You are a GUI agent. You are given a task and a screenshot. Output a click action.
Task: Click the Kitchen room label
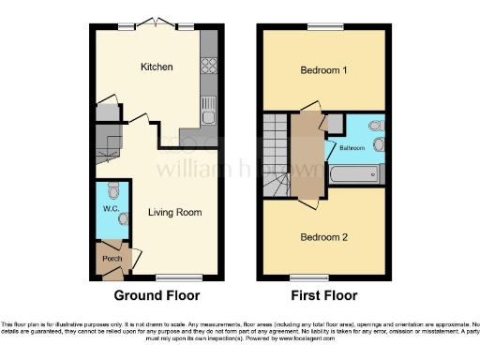155,67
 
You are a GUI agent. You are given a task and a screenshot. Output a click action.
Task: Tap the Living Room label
174,212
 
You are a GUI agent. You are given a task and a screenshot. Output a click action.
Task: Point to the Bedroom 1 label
323,70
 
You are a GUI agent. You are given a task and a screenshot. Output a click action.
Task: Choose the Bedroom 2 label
323,237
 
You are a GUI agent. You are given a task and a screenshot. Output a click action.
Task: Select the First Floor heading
323,295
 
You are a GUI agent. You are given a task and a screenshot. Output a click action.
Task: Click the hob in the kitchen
208,67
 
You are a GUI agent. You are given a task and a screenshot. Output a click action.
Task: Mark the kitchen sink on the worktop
208,117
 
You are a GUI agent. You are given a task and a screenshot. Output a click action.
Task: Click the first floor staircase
277,155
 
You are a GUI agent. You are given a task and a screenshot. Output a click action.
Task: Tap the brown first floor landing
305,155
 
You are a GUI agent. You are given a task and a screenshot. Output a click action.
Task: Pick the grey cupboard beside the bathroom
334,122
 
